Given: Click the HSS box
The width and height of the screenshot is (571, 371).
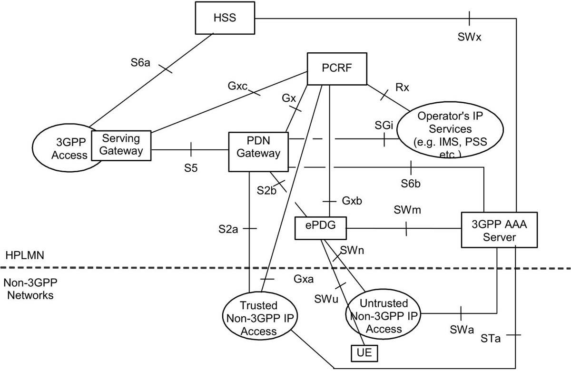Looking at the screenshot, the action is click(x=225, y=18).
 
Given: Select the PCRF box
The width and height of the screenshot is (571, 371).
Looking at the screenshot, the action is click(x=337, y=69).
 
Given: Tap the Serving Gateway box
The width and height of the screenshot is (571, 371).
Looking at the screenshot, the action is click(x=121, y=146).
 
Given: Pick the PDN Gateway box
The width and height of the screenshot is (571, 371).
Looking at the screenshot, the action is click(x=258, y=152).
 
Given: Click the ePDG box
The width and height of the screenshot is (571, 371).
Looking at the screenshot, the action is click(x=320, y=228).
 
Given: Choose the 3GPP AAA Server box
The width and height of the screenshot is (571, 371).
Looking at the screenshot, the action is click(x=499, y=230).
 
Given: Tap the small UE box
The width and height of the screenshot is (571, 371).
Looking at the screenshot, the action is click(x=364, y=353).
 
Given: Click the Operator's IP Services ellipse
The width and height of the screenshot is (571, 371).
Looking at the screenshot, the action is click(x=450, y=130).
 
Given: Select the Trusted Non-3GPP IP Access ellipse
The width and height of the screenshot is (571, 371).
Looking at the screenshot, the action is click(x=260, y=316).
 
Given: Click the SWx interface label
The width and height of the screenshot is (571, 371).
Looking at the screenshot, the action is click(x=469, y=37).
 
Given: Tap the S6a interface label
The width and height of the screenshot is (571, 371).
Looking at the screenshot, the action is click(x=140, y=63).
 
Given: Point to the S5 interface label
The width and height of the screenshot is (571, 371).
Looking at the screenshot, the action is click(x=191, y=168).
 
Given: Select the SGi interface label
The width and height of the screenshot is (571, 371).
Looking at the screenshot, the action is click(x=384, y=125).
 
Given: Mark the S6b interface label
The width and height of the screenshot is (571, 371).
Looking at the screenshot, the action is click(x=410, y=184).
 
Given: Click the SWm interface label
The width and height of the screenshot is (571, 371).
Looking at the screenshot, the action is click(x=407, y=210).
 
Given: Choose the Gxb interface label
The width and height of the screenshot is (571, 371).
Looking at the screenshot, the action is click(x=352, y=201).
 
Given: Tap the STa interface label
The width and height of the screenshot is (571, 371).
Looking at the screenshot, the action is click(x=491, y=339).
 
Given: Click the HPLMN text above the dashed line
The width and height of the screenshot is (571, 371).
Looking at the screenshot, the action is click(x=25, y=255).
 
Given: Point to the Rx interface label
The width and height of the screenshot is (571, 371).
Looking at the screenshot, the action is click(x=402, y=88).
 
